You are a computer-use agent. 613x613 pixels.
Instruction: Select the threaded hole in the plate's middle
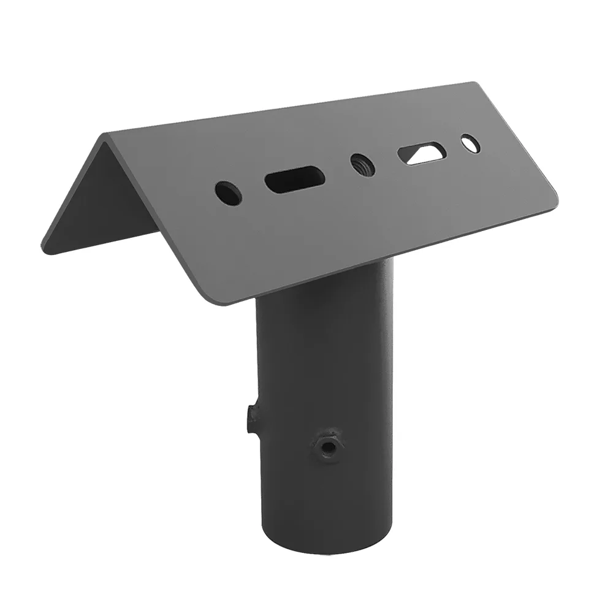click(x=361, y=164)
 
